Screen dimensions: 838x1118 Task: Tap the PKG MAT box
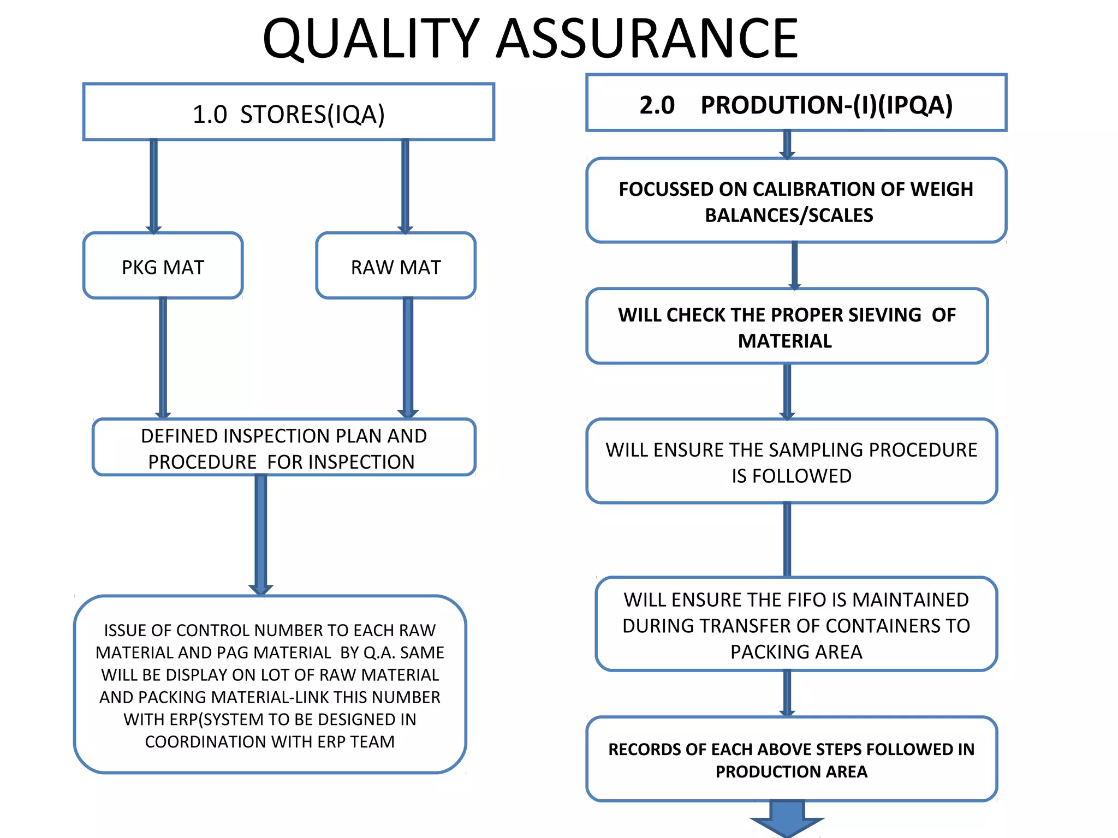(x=163, y=266)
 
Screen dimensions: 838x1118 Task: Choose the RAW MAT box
(x=396, y=266)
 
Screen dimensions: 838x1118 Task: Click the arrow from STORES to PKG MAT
(x=154, y=185)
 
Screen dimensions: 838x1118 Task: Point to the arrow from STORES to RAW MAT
(x=405, y=185)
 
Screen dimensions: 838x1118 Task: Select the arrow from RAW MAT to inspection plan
(x=408, y=357)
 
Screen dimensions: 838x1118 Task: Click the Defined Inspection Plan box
(x=284, y=447)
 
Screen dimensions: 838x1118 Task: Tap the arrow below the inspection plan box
(x=261, y=535)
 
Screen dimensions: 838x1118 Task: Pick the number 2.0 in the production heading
(x=657, y=105)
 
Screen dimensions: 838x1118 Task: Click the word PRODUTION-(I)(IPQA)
(x=826, y=105)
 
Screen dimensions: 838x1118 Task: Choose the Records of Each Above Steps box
(x=792, y=759)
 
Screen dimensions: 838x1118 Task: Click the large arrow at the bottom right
(x=787, y=818)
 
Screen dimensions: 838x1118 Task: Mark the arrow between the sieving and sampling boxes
(x=787, y=391)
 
